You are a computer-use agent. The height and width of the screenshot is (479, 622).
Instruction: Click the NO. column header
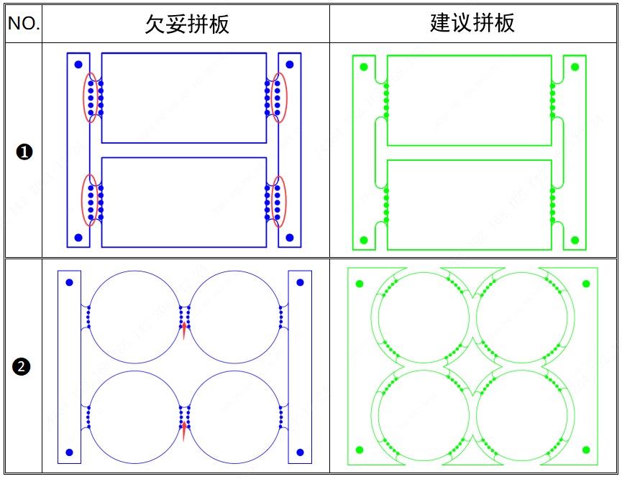point(24,24)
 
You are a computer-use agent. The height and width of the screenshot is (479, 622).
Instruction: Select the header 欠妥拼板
point(187,24)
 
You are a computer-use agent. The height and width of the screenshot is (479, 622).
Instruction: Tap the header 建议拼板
point(472,23)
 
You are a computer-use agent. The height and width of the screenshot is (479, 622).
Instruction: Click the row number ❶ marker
point(24,152)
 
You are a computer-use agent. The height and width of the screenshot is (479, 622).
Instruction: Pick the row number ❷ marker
point(22,367)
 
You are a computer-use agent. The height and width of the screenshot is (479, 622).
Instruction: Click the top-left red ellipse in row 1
point(91,98)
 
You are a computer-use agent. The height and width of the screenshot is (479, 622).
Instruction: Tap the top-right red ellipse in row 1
point(279,98)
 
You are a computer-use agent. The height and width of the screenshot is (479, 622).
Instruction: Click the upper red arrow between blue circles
point(185,330)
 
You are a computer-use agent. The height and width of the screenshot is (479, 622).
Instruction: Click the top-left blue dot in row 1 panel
point(78,64)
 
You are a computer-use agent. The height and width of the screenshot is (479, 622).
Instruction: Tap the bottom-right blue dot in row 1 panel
point(290,237)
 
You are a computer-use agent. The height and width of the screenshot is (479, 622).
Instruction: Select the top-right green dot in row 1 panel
point(575,67)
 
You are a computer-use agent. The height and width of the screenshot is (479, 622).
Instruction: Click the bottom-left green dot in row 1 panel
point(364,240)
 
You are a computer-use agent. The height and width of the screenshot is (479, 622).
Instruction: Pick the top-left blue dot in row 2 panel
point(70,282)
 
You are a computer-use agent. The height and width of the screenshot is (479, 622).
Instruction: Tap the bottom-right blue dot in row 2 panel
point(300,452)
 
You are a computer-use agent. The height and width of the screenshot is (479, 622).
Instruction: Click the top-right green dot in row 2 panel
point(586,284)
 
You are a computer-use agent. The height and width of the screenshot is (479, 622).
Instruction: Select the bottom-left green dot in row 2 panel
point(360,450)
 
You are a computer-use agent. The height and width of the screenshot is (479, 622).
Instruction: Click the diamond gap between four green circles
point(473,367)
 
